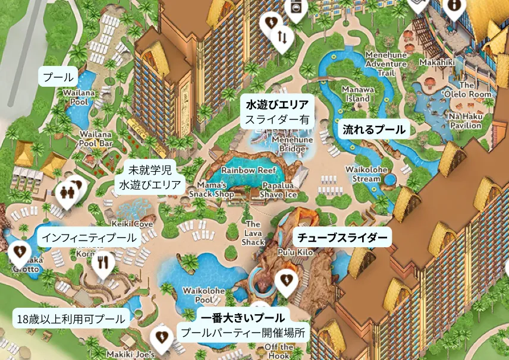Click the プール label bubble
[x=58, y=77]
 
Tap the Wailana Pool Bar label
[x=96, y=139]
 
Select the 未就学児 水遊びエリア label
[x=150, y=178]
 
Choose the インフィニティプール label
[x=89, y=238]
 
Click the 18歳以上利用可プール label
[x=70, y=318]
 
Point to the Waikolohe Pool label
[x=203, y=296]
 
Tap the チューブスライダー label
[x=342, y=238]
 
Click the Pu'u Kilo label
[x=295, y=252]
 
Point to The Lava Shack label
[x=253, y=233]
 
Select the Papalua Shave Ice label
[x=278, y=190]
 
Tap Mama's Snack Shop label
[x=212, y=189]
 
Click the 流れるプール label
[x=374, y=129]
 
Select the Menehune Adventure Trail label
[x=387, y=64]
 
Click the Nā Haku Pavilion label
[x=465, y=121]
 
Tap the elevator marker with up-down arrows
[x=282, y=38]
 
